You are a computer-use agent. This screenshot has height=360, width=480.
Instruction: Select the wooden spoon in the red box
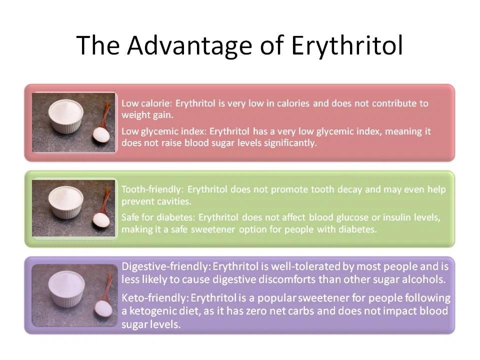pos(102,125)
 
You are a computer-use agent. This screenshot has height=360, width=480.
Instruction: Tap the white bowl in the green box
pos(65,202)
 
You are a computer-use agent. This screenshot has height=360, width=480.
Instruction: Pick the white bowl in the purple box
pos(65,289)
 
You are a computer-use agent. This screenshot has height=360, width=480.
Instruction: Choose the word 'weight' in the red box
pos(134,115)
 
